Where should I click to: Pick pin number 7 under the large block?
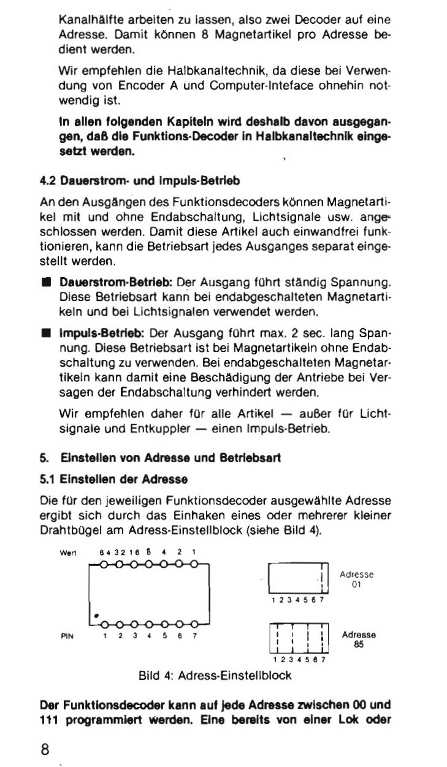[194, 636]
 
